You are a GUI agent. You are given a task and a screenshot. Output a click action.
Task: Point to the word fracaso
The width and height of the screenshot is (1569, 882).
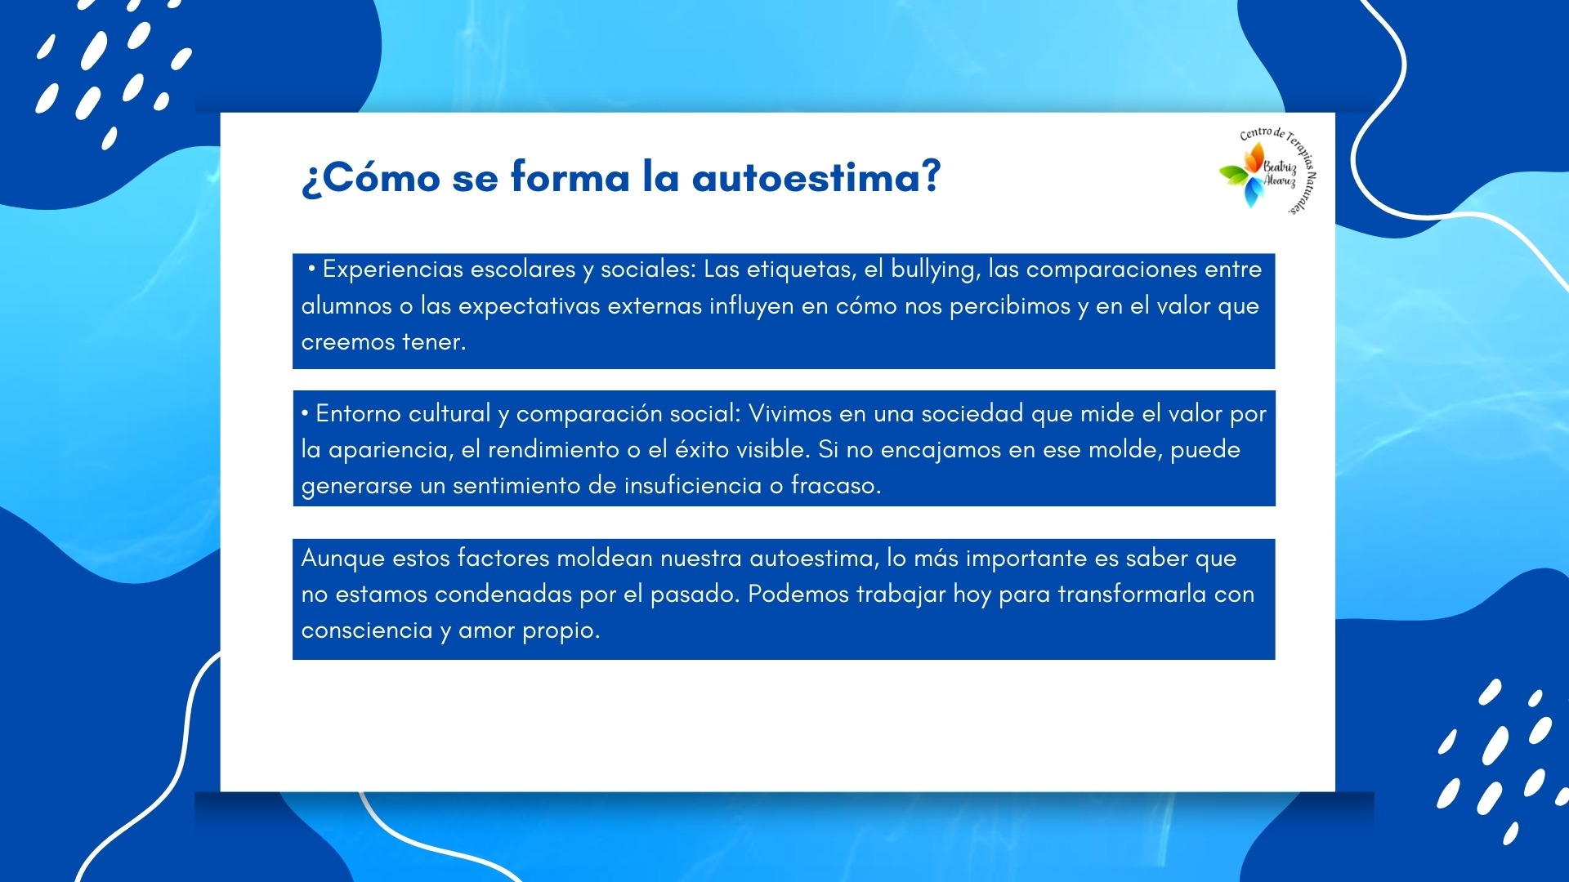point(836,485)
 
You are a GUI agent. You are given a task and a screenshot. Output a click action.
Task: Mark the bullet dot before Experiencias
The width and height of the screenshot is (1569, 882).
point(311,269)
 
